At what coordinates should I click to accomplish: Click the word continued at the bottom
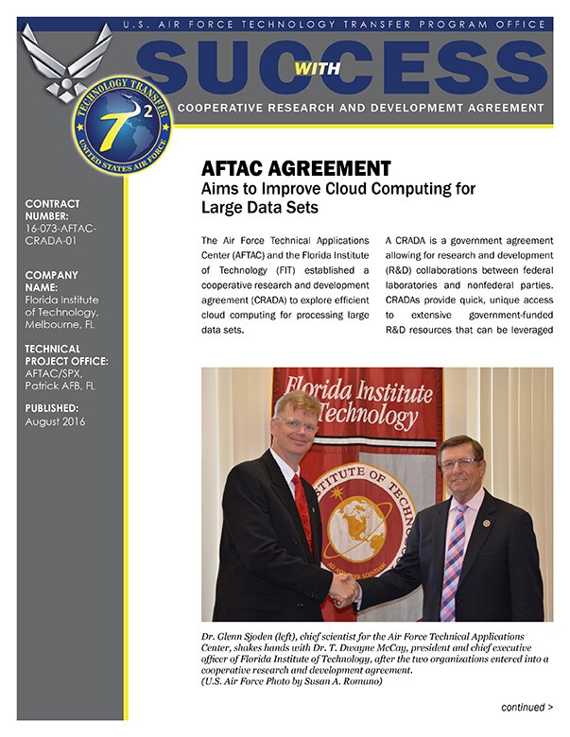tap(523, 706)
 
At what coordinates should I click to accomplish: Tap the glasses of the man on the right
tap(460, 464)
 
